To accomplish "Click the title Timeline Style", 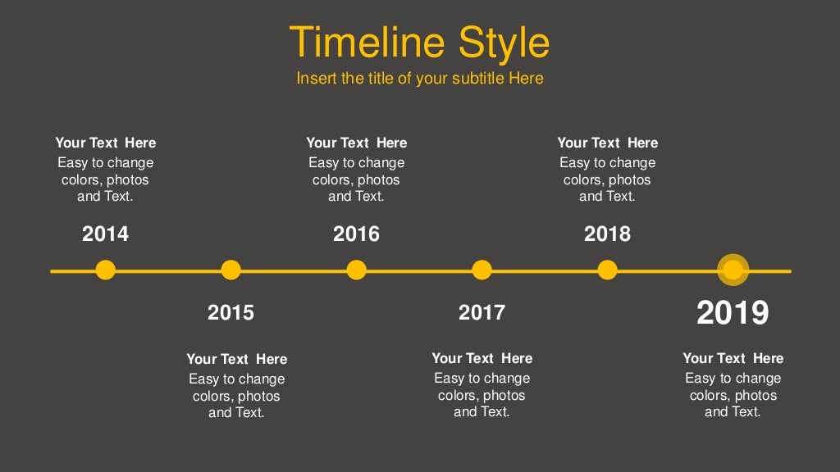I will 419,43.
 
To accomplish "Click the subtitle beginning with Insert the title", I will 419,79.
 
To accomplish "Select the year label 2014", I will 105,234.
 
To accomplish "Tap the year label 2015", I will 231,312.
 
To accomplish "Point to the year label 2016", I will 356,234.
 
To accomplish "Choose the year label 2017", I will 482,312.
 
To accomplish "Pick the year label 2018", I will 607,234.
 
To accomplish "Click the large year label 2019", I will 733,313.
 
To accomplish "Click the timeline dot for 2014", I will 105,270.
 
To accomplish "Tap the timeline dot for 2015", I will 231,270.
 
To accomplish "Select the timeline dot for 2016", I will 356,270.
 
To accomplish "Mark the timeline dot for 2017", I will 482,270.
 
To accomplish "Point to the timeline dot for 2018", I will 607,270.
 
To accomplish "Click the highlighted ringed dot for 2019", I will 733,270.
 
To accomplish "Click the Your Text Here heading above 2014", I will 105,143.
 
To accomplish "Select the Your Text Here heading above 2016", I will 356,143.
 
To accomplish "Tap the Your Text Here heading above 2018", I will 607,143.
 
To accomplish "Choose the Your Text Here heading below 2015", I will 236,359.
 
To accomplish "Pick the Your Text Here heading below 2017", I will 482,358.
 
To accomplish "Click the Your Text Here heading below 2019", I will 733,358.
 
